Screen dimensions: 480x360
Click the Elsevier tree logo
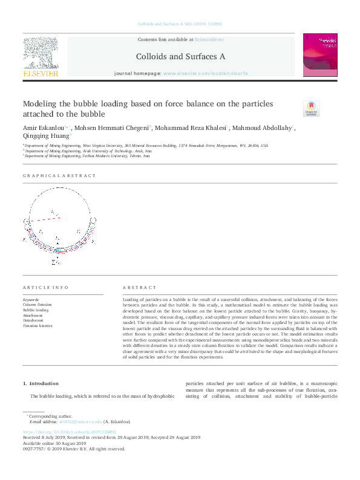[41, 54]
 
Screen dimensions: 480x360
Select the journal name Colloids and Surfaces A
[180, 56]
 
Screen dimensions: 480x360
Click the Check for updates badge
[310, 108]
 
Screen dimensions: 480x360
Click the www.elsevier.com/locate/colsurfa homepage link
[205, 73]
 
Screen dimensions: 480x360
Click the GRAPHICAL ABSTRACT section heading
[59, 175]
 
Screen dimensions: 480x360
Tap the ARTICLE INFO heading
[45, 287]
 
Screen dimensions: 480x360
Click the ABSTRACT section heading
[136, 287]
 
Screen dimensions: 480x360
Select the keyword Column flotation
[36, 305]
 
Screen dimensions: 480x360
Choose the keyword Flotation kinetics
[38, 325]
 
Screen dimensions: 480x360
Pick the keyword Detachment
[33, 320]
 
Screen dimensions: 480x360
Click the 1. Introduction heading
[41, 383]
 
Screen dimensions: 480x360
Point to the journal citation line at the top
[180, 24]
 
